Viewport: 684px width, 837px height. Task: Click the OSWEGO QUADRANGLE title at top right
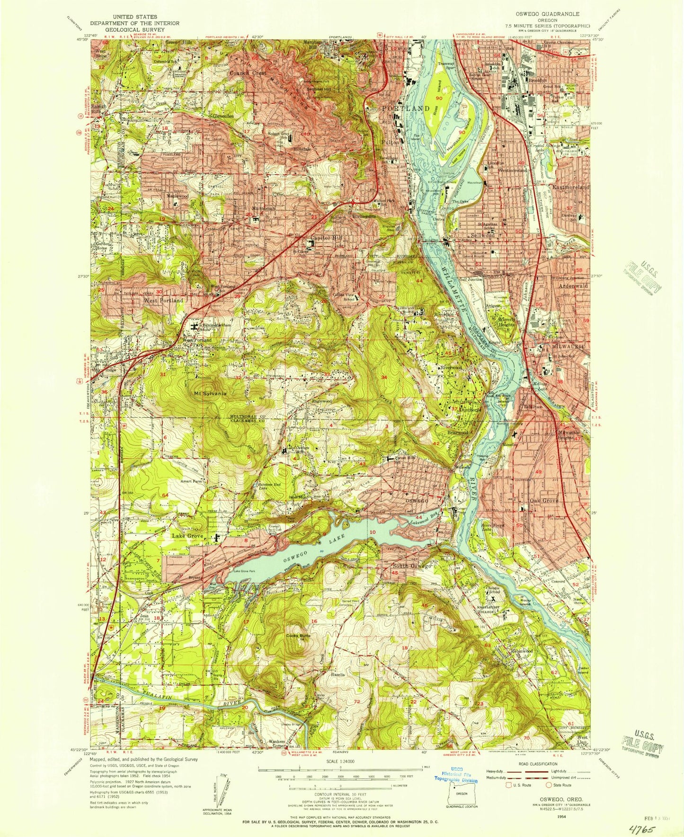click(547, 14)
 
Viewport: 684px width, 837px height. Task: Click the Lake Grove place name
click(187, 536)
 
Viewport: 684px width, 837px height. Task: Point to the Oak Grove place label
click(544, 501)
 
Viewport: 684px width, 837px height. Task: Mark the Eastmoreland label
click(572, 188)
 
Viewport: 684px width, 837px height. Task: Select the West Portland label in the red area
click(163, 300)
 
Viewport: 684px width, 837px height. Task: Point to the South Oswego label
click(412, 566)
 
